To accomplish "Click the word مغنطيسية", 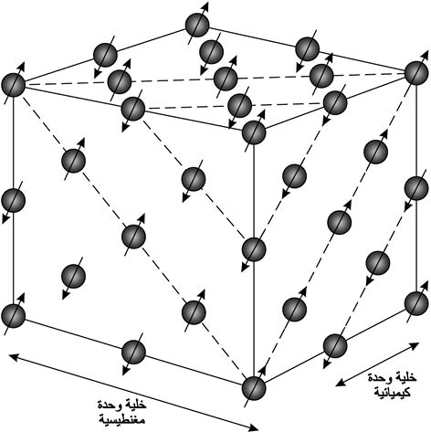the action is (122, 419).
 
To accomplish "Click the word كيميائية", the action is (393, 392).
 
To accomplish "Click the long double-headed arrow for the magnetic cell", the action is (134, 392).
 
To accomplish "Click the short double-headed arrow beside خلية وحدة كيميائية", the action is (377, 364).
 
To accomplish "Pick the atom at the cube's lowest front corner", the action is (254, 388).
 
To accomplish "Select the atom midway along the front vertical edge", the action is (254, 249).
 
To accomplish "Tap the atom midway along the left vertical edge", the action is (13, 200).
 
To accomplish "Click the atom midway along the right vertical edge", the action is (416, 188).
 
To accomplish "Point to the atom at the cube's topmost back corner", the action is (197, 25).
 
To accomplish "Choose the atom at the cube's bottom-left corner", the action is (13, 315).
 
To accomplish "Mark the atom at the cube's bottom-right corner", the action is (416, 303).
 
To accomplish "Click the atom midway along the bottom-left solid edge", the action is (133, 352).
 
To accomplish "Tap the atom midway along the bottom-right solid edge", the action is (335, 346).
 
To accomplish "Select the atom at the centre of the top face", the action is (226, 79).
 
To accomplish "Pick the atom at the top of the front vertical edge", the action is (254, 132).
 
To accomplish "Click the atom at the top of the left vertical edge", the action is (13, 85).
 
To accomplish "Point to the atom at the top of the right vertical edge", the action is (416, 73).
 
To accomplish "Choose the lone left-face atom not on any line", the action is (73, 276).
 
